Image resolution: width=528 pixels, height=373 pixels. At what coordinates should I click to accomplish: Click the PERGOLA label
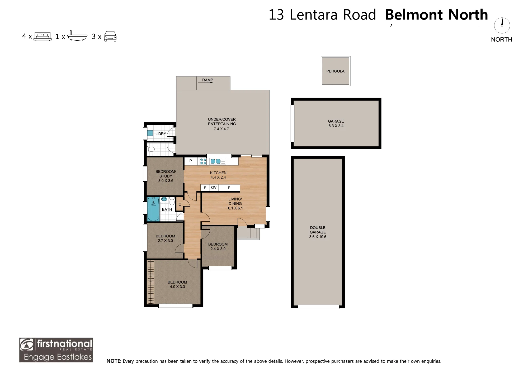pos(335,71)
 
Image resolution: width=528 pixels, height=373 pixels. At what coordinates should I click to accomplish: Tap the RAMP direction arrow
pos(205,83)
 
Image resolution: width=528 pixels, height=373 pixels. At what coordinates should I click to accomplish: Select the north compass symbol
pos(502,25)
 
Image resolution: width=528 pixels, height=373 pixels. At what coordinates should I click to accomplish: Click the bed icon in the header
pos(43,36)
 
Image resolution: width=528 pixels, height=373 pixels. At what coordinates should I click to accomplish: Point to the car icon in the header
pos(110,36)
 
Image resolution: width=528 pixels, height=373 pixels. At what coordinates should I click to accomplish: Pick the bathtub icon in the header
pos(77,36)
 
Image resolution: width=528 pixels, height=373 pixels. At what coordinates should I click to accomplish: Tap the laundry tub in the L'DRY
pos(150,133)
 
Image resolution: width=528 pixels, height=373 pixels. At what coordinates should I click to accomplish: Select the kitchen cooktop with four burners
pos(203,161)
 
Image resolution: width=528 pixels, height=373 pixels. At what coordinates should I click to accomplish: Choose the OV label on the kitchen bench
pos(214,188)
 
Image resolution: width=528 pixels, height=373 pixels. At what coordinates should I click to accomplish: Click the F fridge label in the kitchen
pos(205,188)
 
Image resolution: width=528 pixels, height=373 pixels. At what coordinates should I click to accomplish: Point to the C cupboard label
pos(180,204)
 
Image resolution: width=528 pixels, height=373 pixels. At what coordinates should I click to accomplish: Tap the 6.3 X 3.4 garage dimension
pos(336,126)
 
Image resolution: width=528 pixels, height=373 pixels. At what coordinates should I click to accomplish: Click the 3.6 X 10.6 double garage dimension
pos(318,237)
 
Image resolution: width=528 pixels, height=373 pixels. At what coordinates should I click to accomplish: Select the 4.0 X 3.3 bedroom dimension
pos(177,287)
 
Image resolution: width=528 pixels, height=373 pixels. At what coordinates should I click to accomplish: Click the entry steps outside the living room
pos(248,233)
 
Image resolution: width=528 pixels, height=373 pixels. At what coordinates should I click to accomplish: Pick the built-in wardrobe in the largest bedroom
pos(150,282)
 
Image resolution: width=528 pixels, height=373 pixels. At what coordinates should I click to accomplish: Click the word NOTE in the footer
pos(113,361)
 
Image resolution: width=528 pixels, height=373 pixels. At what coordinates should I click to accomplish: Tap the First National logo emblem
pos(27,345)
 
